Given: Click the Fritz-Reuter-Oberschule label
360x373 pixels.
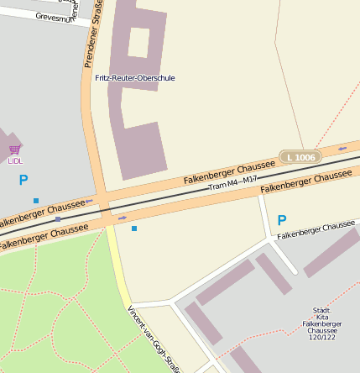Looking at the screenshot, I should [x=135, y=78].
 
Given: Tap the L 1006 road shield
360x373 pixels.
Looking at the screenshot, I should [x=300, y=157].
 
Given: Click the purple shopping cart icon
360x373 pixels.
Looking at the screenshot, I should [x=14, y=150].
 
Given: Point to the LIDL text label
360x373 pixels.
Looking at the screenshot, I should [x=15, y=160].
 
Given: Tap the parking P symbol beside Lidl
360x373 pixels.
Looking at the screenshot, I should [x=23, y=179].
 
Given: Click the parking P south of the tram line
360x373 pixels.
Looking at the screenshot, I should [x=282, y=220].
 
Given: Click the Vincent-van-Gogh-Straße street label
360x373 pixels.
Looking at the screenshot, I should [x=154, y=337].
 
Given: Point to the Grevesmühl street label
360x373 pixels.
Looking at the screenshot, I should [x=55, y=16].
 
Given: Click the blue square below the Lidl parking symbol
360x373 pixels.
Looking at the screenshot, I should [x=36, y=200].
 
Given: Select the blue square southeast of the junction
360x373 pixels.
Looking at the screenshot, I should [x=133, y=228].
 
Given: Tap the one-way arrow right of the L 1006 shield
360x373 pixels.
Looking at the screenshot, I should [x=342, y=149].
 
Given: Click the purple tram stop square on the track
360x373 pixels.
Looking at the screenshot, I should [x=58, y=218].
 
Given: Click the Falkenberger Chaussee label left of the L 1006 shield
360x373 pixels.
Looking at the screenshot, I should [x=228, y=168].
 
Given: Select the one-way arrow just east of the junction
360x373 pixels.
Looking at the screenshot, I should [x=123, y=218].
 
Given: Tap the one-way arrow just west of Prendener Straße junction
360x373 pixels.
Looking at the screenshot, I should [x=89, y=202].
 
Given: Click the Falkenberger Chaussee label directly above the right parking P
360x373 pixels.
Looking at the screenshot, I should [x=305, y=181].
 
